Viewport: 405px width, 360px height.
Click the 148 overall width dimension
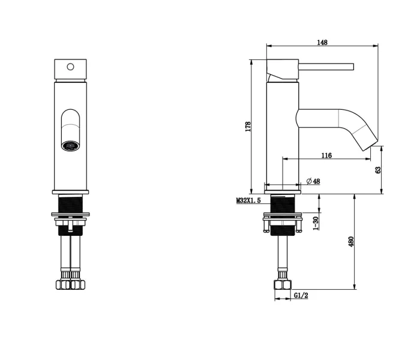click(322, 43)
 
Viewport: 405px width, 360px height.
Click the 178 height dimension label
click(248, 127)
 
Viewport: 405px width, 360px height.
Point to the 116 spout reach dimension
click(326, 155)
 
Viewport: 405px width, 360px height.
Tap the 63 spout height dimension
click(378, 170)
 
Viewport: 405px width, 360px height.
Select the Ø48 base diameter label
click(313, 181)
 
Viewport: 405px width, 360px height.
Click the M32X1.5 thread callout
click(248, 200)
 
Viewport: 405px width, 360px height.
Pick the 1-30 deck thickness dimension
click(316, 223)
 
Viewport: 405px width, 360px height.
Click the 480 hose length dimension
click(351, 241)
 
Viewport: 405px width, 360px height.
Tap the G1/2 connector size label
click(301, 295)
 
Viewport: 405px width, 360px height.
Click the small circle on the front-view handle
click(70, 67)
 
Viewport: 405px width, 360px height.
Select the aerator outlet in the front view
click(70, 146)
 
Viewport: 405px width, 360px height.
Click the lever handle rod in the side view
click(326, 67)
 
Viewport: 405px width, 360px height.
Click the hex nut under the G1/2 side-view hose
click(283, 285)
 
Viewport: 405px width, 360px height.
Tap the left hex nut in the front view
click(63, 284)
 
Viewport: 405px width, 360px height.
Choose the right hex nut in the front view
click(77, 284)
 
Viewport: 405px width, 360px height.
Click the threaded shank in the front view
click(70, 204)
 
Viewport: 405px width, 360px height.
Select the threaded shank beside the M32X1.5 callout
click(283, 204)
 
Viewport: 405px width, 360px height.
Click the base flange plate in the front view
click(71, 192)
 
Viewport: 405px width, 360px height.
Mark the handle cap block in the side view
click(283, 69)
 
